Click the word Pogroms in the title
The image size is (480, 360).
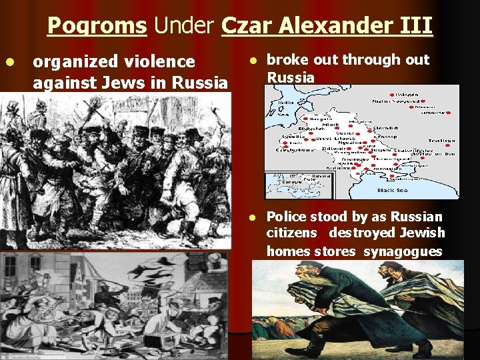(97, 26)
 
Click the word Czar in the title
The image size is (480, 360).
(247, 26)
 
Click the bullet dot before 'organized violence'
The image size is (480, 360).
(9, 61)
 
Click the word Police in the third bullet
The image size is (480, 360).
(288, 217)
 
